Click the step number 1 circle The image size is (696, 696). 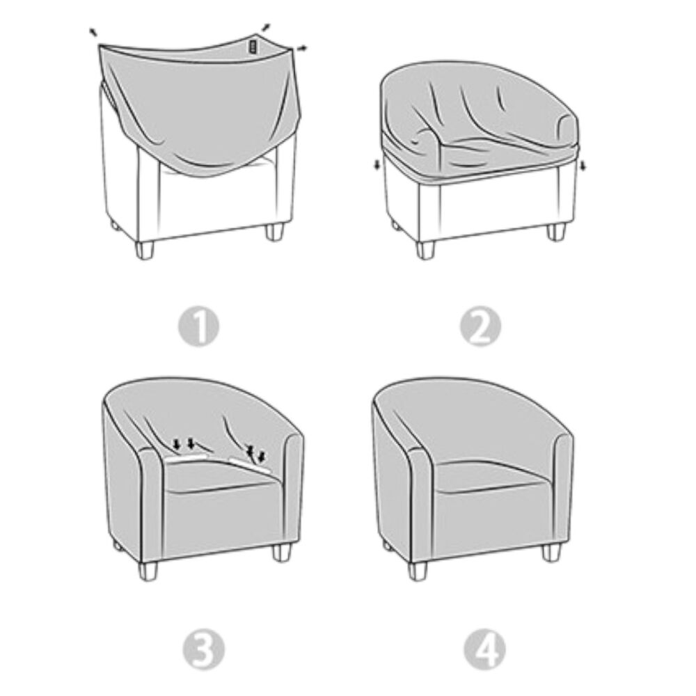pos(198,327)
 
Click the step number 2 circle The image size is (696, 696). pos(480,326)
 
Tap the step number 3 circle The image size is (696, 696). pos(204,650)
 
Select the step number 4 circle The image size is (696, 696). pos(484,649)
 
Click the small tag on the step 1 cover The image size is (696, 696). pos(253,47)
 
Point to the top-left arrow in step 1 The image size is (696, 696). pos(93,31)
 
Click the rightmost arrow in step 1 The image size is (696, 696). pos(301,48)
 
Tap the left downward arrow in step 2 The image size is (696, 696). pos(377,165)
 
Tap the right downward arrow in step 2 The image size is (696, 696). pos(583,166)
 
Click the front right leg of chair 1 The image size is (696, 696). pos(274,232)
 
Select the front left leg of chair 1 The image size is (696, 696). pos(144,250)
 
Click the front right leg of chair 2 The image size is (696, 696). pos(556,232)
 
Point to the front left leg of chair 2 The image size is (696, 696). pos(425,250)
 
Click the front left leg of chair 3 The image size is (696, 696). pos(148,571)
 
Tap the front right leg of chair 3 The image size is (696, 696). pos(281,552)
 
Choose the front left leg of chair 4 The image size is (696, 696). pos(417,571)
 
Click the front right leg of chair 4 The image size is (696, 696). pos(552,552)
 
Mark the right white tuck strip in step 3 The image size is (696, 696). pos(249,464)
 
